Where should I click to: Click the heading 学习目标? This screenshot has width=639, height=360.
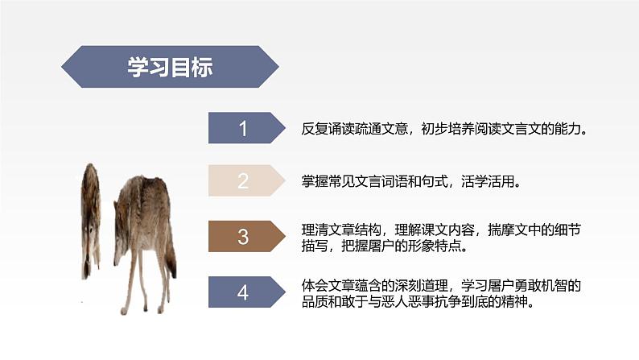[x=170, y=68]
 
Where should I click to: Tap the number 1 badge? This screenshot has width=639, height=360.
[x=244, y=128]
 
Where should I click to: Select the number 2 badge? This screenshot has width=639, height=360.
[x=244, y=181]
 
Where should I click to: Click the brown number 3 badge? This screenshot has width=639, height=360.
[x=244, y=236]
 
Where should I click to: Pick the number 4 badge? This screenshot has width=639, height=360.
[x=244, y=292]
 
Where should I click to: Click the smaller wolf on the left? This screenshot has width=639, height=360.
[x=90, y=217]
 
